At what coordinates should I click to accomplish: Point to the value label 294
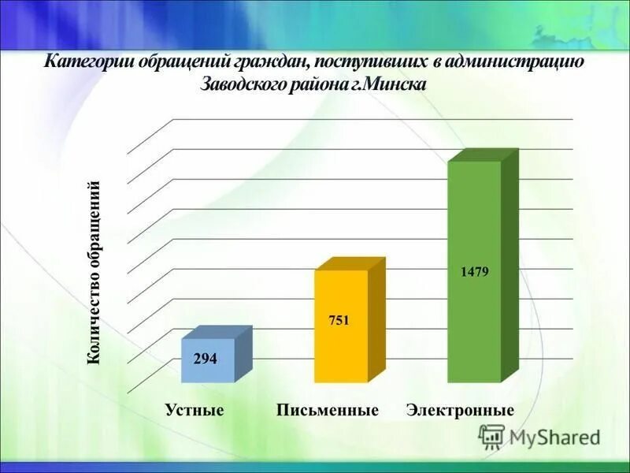tap(206, 358)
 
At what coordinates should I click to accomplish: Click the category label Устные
tap(195, 410)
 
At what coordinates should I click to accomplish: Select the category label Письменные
tap(328, 410)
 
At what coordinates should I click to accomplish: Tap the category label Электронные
tap(460, 410)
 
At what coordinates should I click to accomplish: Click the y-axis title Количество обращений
tap(94, 273)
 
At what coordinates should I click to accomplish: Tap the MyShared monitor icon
tap(492, 436)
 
